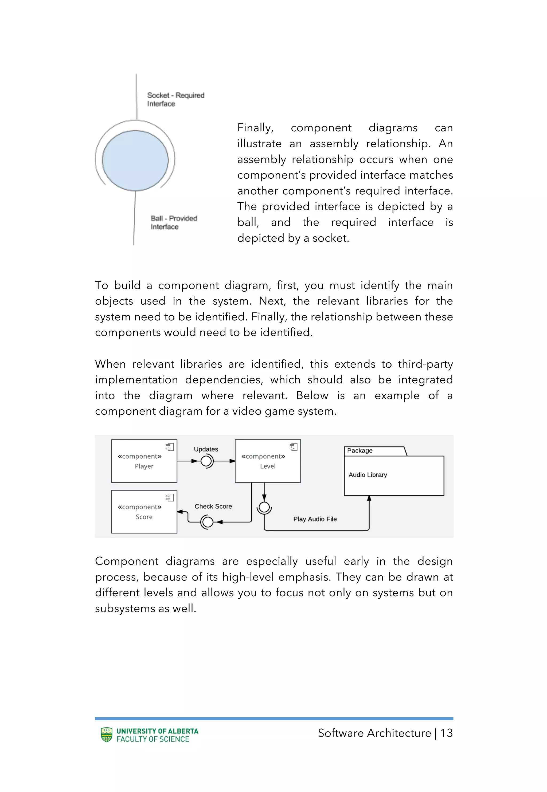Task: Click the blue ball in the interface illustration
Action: tap(135, 160)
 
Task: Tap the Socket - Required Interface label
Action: tap(175, 99)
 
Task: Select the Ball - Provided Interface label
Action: tap(174, 222)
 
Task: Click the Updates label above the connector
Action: tap(206, 449)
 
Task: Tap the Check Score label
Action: tap(213, 506)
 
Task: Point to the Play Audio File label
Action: tap(315, 519)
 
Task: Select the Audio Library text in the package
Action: tap(368, 475)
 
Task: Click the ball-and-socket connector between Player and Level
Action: tap(207, 461)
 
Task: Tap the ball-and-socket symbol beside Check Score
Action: tap(207, 522)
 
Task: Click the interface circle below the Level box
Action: tap(264, 507)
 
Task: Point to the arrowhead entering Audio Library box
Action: tap(369, 499)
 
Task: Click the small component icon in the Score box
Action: tap(170, 497)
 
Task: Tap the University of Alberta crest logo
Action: tap(107, 735)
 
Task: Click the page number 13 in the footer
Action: tap(446, 733)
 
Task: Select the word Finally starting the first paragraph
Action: tap(255, 128)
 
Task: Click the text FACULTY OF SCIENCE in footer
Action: tap(153, 739)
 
